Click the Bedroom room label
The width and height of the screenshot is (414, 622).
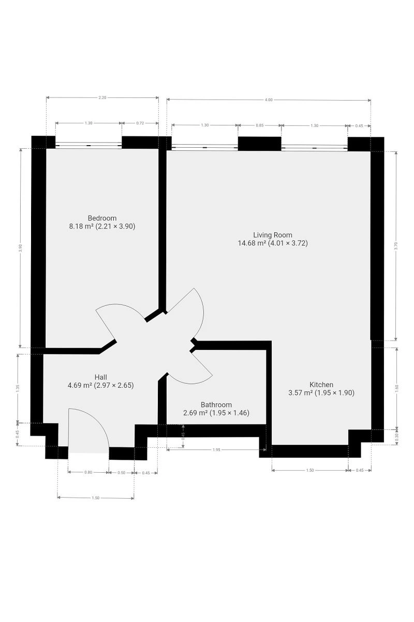point(102,218)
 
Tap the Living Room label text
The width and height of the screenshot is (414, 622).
point(273,235)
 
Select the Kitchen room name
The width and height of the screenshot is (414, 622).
point(321,385)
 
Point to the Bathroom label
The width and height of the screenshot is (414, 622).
point(216,405)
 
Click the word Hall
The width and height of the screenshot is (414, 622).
point(101,377)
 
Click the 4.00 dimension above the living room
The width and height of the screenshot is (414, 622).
point(269,100)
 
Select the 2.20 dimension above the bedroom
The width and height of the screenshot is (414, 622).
point(102,97)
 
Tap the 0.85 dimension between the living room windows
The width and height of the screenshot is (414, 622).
point(260,125)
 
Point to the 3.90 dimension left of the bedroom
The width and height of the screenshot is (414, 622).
point(20,248)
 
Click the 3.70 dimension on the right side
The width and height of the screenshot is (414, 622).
point(396,246)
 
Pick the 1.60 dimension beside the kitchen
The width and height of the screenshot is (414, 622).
point(397,387)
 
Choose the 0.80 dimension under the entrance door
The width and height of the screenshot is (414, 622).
point(88,472)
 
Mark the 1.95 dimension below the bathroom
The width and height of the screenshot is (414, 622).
point(216,450)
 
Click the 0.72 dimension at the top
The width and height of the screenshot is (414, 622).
point(140,123)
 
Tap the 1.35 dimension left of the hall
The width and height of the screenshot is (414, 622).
point(18,388)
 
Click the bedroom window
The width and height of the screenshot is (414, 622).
point(88,145)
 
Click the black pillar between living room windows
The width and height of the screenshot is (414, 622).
point(260,144)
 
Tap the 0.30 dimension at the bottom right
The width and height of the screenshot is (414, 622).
point(396,437)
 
